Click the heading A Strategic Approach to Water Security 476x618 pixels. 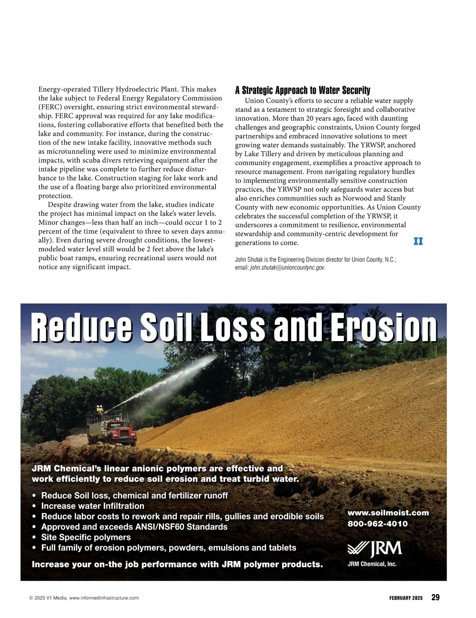[x=302, y=90]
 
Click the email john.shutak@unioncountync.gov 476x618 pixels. [x=287, y=268]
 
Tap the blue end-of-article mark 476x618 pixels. [x=418, y=241]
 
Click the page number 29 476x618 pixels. [x=435, y=597]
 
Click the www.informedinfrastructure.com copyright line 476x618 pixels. [x=84, y=598]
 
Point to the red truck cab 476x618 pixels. [x=124, y=431]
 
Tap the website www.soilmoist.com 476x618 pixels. [x=388, y=513]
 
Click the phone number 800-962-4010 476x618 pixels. [x=377, y=524]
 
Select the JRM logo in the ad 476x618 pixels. [x=375, y=549]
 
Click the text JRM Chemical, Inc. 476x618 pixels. [x=372, y=564]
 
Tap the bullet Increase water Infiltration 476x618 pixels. [x=92, y=506]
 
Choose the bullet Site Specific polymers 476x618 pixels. [x=86, y=537]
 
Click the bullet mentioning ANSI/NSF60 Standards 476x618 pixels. [x=134, y=527]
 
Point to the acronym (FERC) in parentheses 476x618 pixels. [x=49, y=107]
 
